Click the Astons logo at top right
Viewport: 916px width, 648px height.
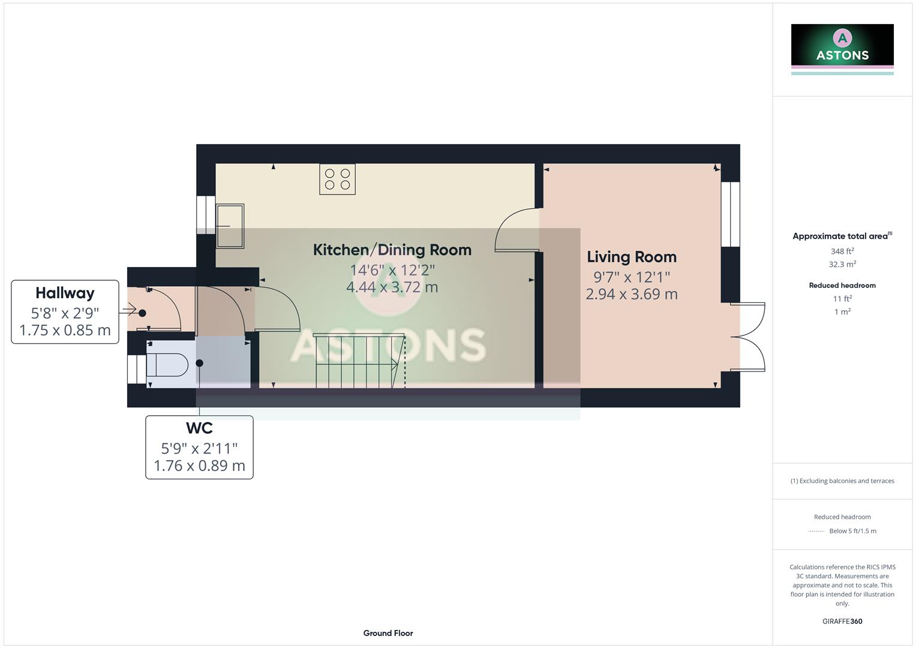(x=842, y=48)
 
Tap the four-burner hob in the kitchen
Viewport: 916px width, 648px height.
(x=337, y=179)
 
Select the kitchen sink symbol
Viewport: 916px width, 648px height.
(x=230, y=226)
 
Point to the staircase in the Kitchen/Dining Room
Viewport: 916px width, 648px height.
(x=358, y=361)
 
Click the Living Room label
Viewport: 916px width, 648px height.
(x=631, y=257)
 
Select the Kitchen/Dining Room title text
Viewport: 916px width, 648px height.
(x=392, y=250)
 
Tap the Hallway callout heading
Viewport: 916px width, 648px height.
(x=65, y=293)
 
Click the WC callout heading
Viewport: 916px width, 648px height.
(x=199, y=428)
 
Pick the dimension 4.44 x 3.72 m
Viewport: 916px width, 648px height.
(x=392, y=287)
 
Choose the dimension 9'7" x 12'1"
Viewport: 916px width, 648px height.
(x=631, y=277)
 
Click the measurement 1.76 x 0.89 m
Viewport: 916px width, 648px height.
(x=199, y=466)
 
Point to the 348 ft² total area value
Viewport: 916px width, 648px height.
(x=842, y=251)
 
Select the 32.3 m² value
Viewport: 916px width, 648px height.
(x=842, y=265)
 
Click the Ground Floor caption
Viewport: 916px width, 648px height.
(x=388, y=633)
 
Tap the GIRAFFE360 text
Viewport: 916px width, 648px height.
(x=842, y=622)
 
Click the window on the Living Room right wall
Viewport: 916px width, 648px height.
(x=730, y=214)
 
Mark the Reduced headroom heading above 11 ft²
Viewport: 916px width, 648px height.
(x=842, y=286)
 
